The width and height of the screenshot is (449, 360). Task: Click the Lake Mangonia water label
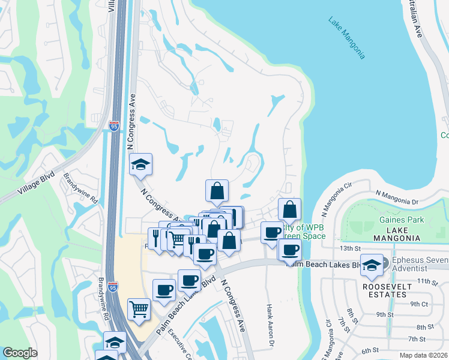pos(346,38)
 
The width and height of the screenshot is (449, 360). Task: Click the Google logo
pos(20,353)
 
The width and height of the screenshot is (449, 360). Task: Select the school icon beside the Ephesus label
pos(372,265)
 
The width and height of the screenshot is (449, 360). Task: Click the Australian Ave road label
pos(417,18)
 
